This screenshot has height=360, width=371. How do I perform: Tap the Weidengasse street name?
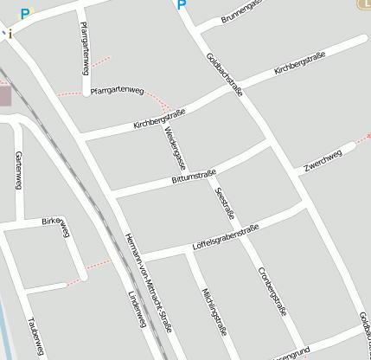(174, 144)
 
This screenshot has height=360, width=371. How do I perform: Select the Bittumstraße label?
(194, 177)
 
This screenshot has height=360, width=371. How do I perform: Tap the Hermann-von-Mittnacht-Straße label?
(148, 283)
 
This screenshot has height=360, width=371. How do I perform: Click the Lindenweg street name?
(137, 312)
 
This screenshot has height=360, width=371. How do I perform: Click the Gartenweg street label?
(18, 170)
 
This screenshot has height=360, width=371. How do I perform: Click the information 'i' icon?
(10, 33)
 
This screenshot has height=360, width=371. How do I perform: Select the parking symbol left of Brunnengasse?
(182, 5)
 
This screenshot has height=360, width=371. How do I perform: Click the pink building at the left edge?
(4, 94)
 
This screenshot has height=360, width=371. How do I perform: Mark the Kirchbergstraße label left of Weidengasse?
(160, 119)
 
